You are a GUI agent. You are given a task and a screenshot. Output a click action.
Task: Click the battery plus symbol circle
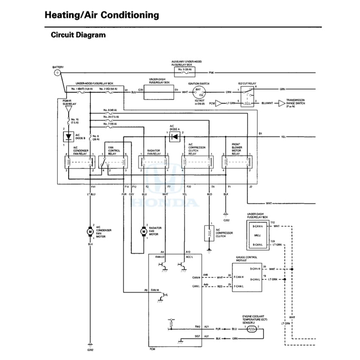(57, 73)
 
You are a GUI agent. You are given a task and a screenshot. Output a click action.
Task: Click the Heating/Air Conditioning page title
(102, 15)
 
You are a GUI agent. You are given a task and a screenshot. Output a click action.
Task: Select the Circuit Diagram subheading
(78, 35)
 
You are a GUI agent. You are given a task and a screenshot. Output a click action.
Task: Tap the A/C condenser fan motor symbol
(90, 231)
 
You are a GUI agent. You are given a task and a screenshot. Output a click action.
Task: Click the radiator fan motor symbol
(143, 231)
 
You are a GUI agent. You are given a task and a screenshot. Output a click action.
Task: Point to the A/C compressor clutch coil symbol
(208, 232)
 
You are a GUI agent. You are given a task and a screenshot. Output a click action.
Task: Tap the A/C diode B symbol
(67, 136)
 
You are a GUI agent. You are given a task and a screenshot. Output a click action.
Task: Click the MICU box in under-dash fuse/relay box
(257, 235)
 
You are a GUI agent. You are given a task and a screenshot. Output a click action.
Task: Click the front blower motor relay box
(237, 162)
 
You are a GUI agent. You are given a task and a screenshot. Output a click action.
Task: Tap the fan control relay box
(114, 162)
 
